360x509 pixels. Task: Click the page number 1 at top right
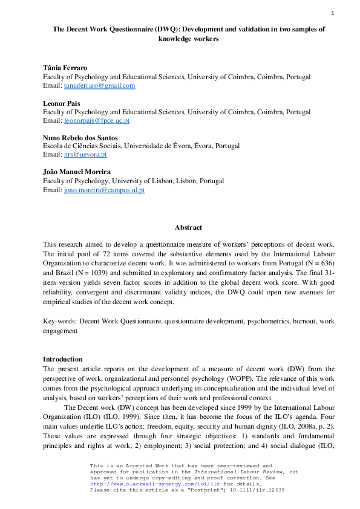pos(332,13)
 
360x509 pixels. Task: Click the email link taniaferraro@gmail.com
pos(99,86)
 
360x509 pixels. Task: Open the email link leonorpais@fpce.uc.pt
pos(97,120)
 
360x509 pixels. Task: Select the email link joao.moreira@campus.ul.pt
pos(104,190)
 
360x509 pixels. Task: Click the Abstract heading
pos(188,227)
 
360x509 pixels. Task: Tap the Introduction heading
pos(62,359)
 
